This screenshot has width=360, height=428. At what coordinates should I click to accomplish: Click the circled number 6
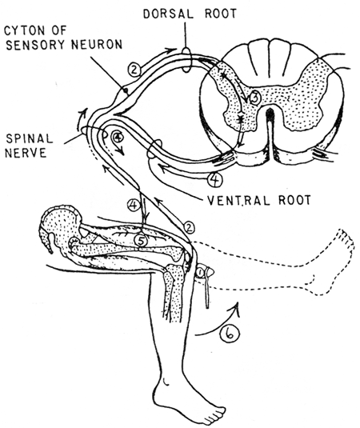point(230,334)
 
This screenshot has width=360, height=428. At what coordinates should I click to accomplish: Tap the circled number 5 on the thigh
point(141,241)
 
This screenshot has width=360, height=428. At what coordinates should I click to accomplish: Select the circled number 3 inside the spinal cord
point(254,98)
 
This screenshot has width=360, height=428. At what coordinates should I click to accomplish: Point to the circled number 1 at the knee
point(200,273)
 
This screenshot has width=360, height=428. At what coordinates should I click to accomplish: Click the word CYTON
point(23,31)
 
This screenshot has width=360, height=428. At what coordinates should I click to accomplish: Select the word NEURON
point(97,45)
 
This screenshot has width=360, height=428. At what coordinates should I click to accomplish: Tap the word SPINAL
point(30,138)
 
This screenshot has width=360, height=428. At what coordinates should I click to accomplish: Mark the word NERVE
point(26,153)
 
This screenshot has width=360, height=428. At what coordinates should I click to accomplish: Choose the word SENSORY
point(37,45)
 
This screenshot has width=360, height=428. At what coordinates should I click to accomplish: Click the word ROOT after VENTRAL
point(294,200)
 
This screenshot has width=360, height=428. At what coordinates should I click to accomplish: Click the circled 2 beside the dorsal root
point(134,70)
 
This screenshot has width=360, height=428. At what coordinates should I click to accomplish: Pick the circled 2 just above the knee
point(189,228)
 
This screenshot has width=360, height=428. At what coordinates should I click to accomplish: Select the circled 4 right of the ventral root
point(215,180)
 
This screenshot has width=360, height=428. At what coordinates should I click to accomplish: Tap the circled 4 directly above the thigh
point(133,205)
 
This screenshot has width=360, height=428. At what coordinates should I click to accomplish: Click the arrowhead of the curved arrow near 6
point(237,308)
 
